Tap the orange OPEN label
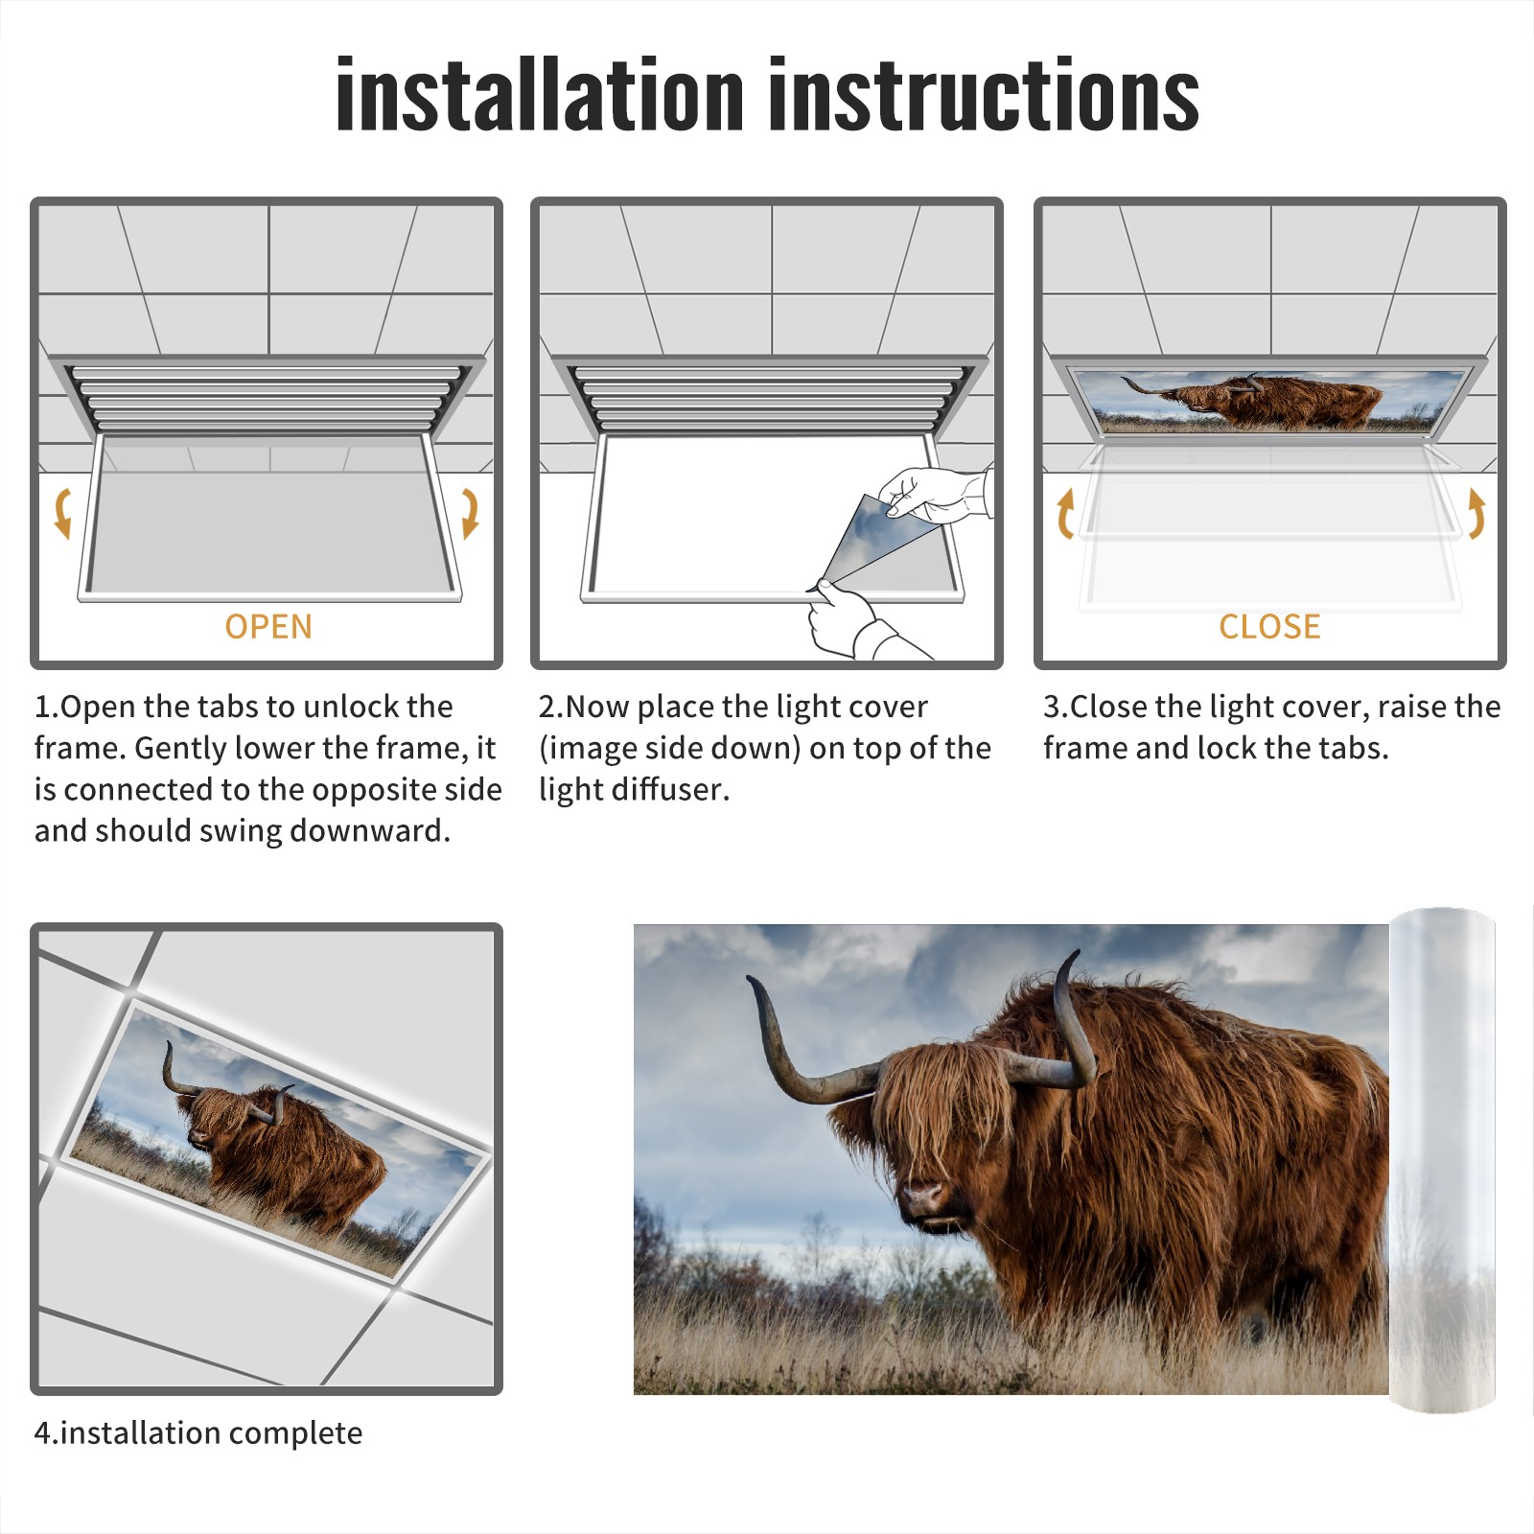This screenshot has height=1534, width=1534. click(x=268, y=627)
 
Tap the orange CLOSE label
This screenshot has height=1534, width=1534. click(x=1269, y=627)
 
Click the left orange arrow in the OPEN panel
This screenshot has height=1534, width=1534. click(x=62, y=513)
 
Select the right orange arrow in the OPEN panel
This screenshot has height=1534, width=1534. click(x=470, y=513)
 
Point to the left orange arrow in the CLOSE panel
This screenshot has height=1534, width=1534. click(x=1065, y=513)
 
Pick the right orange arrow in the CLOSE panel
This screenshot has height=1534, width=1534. click(x=1476, y=513)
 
